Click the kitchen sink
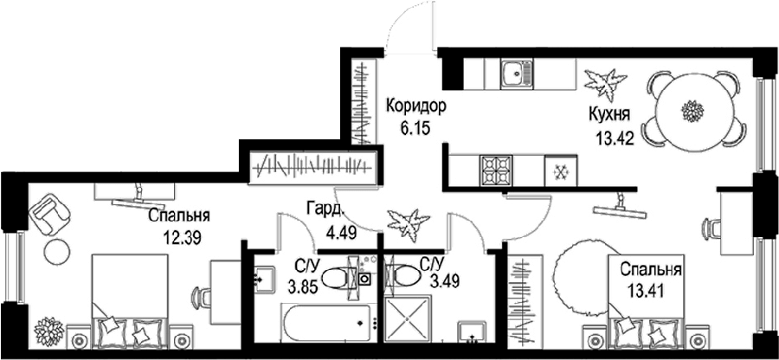pyautogui.click(x=517, y=74)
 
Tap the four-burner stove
pyautogui.click(x=495, y=170)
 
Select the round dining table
pyautogui.click(x=694, y=110)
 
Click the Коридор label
pyautogui.click(x=416, y=106)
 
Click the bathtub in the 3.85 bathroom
pyautogui.click(x=325, y=323)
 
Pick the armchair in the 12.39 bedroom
pyautogui.click(x=49, y=214)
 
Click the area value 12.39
pyautogui.click(x=182, y=238)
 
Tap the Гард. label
pyautogui.click(x=325, y=209)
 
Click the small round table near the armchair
pyautogui.click(x=56, y=252)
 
